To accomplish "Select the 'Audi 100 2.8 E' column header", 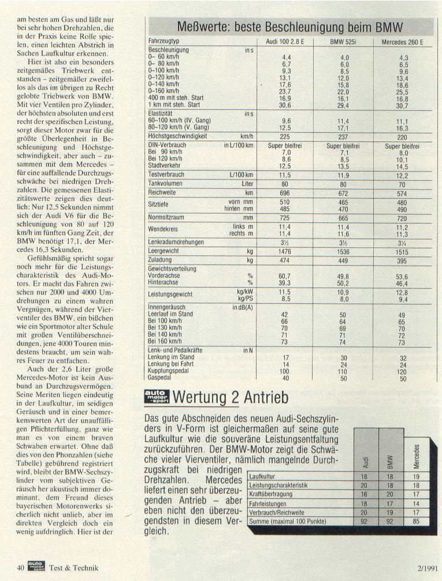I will coord(285,42).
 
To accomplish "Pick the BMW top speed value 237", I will coord(344,137).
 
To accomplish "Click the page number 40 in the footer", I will coord(20,568).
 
